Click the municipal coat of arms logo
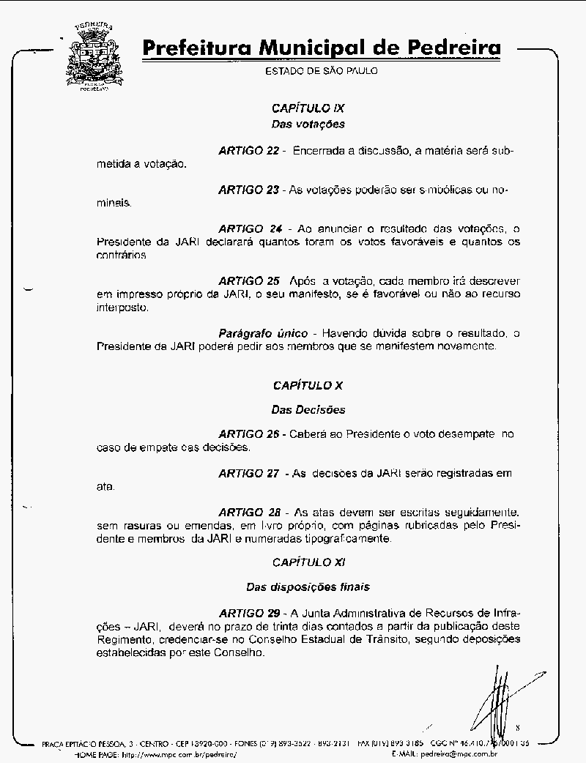pyautogui.click(x=94, y=56)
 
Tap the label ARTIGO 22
pyautogui.click(x=249, y=151)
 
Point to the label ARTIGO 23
pyautogui.click(x=249, y=190)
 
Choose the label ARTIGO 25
pyautogui.click(x=249, y=280)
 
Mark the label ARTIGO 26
pyautogui.click(x=249, y=434)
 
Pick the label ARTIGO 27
pyautogui.click(x=249, y=474)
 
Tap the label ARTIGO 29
pyautogui.click(x=249, y=612)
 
